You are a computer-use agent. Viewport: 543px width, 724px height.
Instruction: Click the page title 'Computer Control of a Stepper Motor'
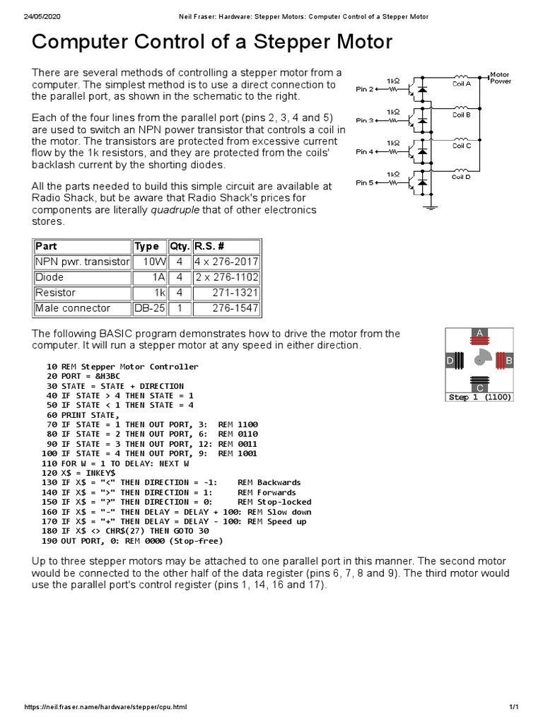(x=211, y=42)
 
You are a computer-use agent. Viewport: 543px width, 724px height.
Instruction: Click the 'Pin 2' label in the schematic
(x=364, y=90)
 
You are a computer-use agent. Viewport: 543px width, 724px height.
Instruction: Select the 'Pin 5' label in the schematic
(x=364, y=182)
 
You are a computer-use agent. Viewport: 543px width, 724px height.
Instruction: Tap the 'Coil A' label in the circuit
(x=461, y=84)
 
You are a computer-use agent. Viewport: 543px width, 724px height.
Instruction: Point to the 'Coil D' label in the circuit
(x=461, y=177)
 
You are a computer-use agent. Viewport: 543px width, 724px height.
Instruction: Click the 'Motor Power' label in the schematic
(x=501, y=77)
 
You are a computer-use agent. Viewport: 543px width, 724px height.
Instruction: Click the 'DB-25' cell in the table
(x=148, y=308)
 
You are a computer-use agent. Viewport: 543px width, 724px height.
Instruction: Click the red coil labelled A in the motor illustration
(x=480, y=341)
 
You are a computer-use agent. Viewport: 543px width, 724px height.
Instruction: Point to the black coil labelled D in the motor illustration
(x=459, y=361)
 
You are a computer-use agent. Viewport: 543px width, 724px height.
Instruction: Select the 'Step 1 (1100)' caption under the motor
(x=480, y=397)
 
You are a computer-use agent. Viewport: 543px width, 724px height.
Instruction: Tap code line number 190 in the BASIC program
(x=49, y=541)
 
